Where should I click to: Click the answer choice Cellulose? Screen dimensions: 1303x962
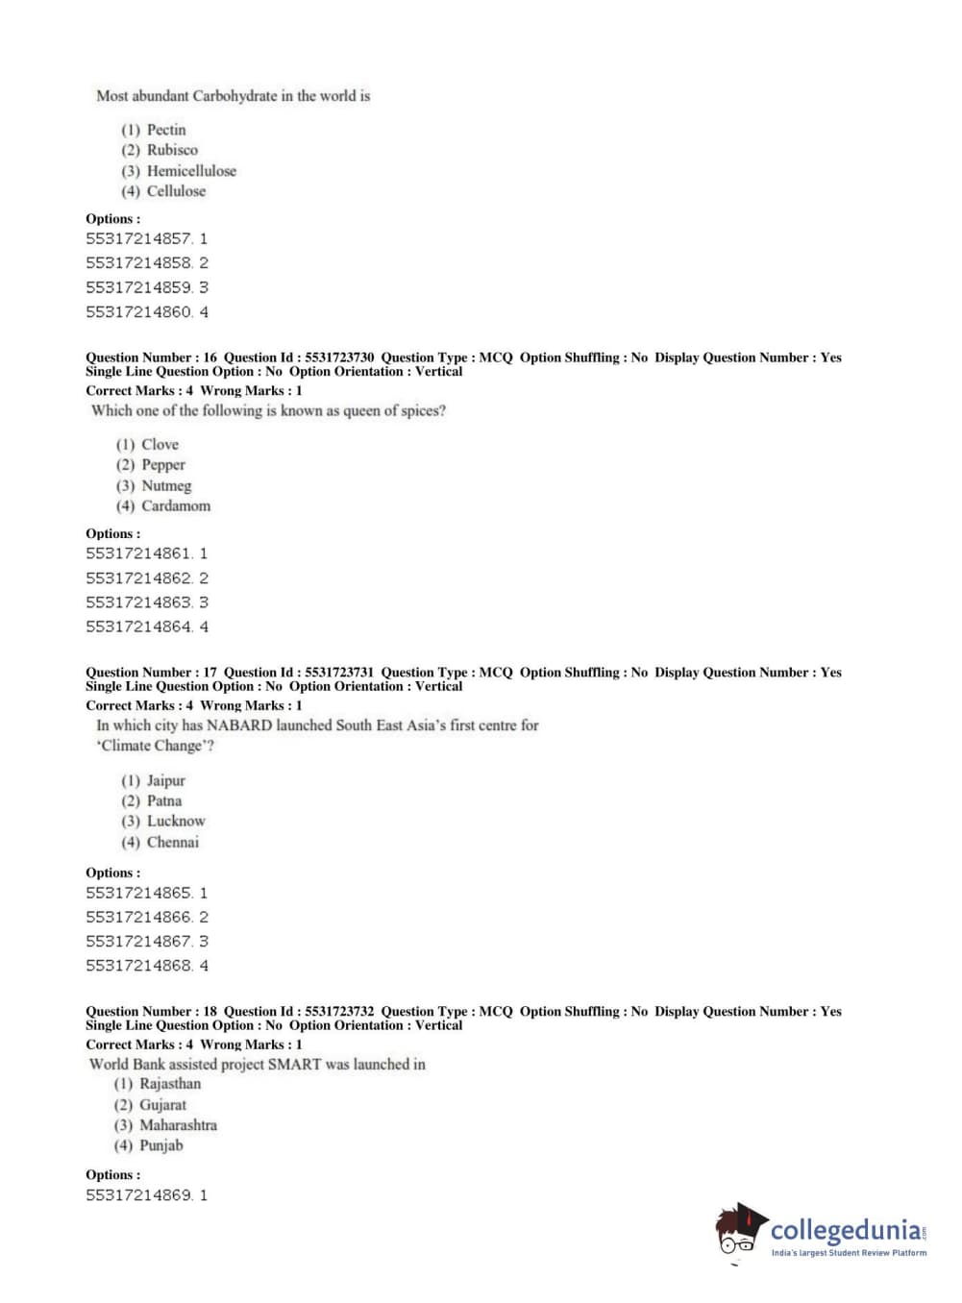click(x=176, y=191)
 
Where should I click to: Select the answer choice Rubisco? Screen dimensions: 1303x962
click(x=172, y=150)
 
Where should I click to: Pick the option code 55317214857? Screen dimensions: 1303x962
click(x=138, y=238)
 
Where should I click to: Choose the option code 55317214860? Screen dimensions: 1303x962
click(x=138, y=311)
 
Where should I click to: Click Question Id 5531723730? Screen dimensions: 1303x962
click(x=339, y=357)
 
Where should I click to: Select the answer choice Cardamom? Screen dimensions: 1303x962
click(x=176, y=506)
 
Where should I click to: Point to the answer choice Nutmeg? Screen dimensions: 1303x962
click(x=166, y=486)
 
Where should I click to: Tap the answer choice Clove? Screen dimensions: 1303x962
click(x=160, y=445)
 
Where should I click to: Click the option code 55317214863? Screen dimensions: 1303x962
click(x=138, y=602)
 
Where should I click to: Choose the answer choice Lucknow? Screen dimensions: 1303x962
click(x=176, y=822)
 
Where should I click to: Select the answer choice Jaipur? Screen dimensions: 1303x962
click(x=165, y=781)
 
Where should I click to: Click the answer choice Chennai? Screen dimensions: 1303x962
click(x=173, y=843)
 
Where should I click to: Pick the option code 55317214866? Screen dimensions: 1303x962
click(x=138, y=917)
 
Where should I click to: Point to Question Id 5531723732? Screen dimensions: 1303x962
click(x=339, y=1011)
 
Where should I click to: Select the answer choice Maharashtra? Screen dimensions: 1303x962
click(x=178, y=1125)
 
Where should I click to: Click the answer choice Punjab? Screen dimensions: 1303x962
click(x=160, y=1145)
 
